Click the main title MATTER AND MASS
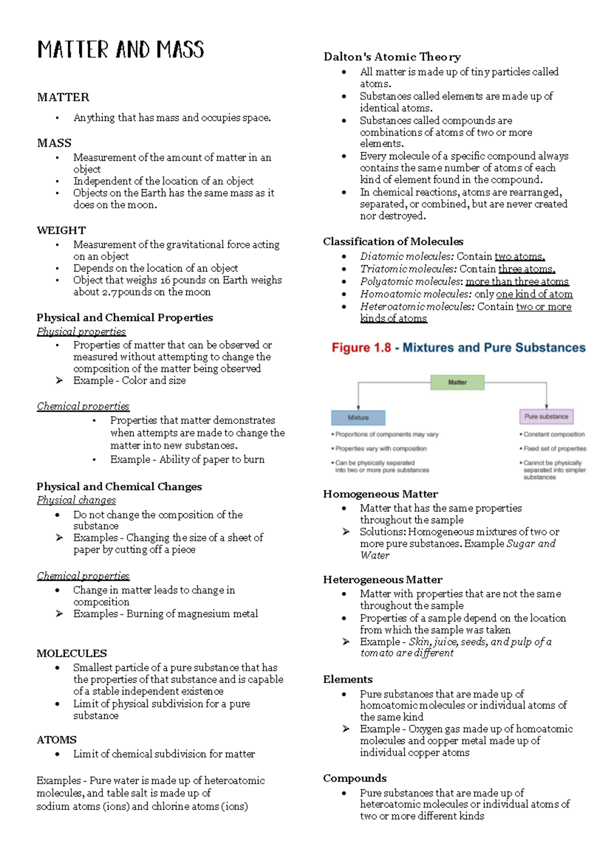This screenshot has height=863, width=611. (x=121, y=50)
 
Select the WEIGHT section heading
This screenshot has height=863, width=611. (x=61, y=230)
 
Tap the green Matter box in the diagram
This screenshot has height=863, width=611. (x=457, y=382)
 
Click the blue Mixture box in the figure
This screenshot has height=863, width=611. (x=358, y=417)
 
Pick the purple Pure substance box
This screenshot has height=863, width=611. (x=546, y=416)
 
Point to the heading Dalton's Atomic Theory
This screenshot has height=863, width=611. (x=392, y=56)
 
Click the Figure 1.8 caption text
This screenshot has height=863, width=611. (x=458, y=348)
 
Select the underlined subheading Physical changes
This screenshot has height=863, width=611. (x=76, y=500)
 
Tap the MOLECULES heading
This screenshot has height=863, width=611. (x=71, y=653)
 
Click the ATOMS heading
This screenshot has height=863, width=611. (x=57, y=740)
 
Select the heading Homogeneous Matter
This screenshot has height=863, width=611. (x=380, y=494)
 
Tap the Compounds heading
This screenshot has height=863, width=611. (x=354, y=778)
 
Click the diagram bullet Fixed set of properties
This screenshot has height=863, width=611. (x=554, y=449)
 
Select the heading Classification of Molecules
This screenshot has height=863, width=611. (x=393, y=241)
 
